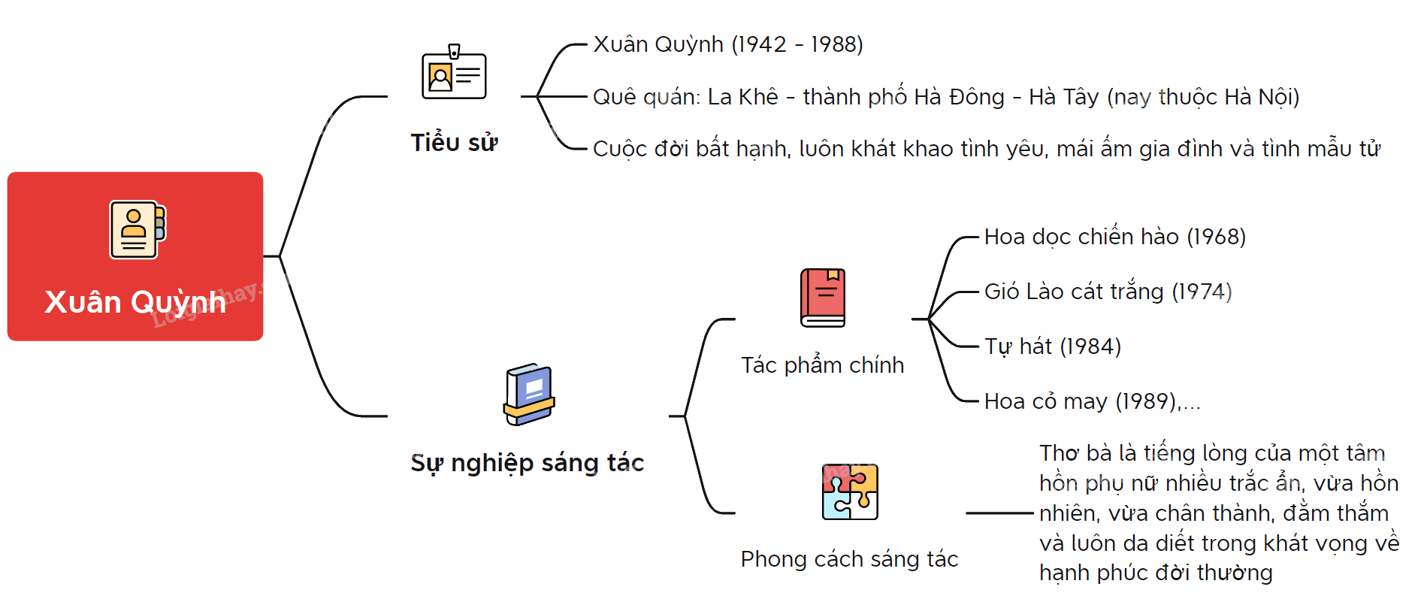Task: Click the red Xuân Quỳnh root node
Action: click(x=135, y=256)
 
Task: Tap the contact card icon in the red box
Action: click(x=138, y=230)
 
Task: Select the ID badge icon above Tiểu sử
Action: click(x=454, y=72)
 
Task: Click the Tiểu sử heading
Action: click(x=454, y=143)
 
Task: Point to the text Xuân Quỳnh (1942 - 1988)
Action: click(x=728, y=44)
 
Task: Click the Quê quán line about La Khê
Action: click(x=946, y=97)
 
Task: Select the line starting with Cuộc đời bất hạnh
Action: click(x=987, y=149)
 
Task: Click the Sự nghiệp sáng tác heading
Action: click(x=527, y=463)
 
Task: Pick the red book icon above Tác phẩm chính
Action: click(x=823, y=298)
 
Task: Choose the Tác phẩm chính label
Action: click(x=822, y=365)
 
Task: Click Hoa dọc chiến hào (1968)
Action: click(x=1115, y=237)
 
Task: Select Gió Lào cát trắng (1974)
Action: click(x=1108, y=292)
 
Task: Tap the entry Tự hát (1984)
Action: click(x=1053, y=346)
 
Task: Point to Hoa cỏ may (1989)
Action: click(x=1081, y=401)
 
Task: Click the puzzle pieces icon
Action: click(x=850, y=492)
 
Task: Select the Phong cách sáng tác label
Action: click(x=849, y=559)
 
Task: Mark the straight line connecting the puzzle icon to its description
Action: click(x=999, y=513)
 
